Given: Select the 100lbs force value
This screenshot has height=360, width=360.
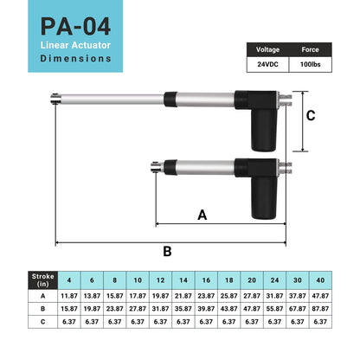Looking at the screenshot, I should click(x=309, y=65).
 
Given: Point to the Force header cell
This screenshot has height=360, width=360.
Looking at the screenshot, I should click(x=309, y=50).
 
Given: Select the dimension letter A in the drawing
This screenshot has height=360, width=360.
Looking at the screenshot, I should click(x=202, y=215).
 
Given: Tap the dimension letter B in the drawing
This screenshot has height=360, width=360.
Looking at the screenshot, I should click(x=167, y=251).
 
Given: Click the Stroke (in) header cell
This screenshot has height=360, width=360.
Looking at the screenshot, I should click(x=42, y=280).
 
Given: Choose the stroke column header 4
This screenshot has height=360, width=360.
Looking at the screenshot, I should click(x=69, y=280).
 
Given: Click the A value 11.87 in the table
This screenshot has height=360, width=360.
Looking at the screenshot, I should click(x=69, y=296).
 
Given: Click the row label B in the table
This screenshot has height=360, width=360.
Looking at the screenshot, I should click(x=42, y=307).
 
